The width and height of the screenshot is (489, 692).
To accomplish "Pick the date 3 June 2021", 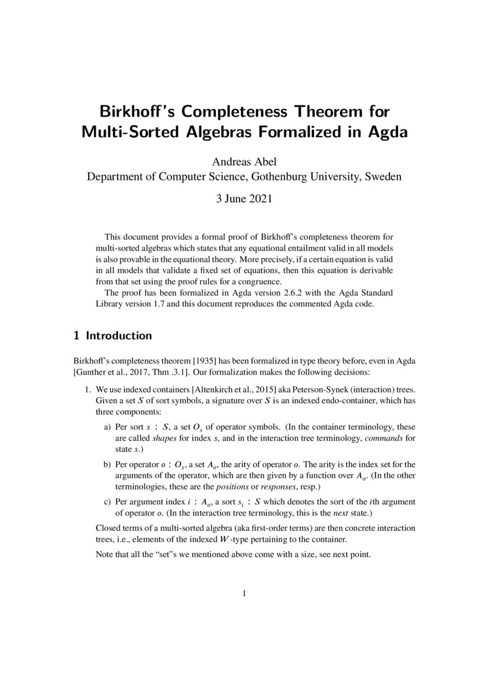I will [x=244, y=199].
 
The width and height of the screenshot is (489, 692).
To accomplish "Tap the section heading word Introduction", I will [x=119, y=336].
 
